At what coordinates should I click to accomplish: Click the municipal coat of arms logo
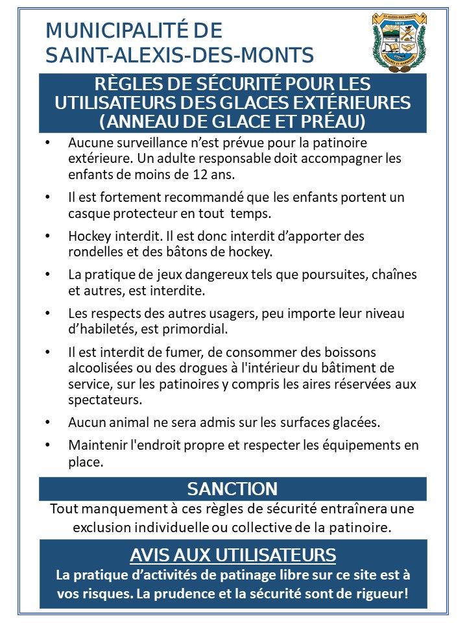[x=399, y=40]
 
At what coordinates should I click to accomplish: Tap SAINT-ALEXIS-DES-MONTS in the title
[x=180, y=55]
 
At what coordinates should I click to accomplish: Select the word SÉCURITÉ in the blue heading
[x=215, y=85]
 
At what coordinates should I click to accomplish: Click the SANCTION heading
[x=232, y=489]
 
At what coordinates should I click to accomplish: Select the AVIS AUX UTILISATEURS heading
[x=233, y=555]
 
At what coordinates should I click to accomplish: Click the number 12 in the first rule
[x=201, y=175]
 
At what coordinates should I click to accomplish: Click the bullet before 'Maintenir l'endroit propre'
[x=47, y=446]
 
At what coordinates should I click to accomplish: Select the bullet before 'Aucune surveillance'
[x=47, y=142]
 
